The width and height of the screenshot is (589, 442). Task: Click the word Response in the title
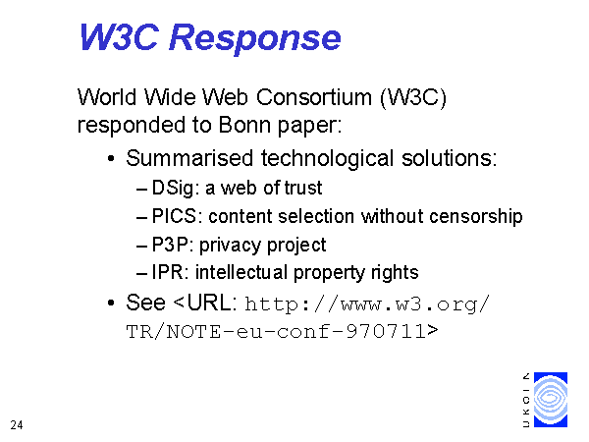point(255,38)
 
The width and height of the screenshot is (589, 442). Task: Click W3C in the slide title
point(119,37)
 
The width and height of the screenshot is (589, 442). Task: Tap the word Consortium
point(314,97)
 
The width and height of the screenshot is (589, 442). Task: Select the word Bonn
point(244,125)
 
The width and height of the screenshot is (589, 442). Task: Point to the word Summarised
point(189,158)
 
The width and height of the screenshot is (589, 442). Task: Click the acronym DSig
point(173,188)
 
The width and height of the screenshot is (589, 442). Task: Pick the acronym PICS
point(174,216)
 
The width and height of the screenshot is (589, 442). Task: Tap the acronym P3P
point(170,245)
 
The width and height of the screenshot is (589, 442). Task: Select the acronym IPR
point(167,272)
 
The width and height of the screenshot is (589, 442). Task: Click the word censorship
point(476,216)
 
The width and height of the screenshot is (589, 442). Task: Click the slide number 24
point(17,425)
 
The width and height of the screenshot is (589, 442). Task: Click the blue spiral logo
point(551,400)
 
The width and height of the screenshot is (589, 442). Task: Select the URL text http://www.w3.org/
point(367,304)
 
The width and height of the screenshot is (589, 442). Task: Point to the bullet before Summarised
point(110,158)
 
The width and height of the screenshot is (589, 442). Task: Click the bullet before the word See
point(110,303)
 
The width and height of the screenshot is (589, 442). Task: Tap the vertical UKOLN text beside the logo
point(526,400)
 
